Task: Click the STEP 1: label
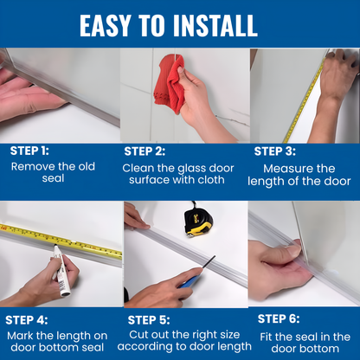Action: [x=29, y=150]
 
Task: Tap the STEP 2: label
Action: [x=151, y=151]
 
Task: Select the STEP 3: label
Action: [x=280, y=150]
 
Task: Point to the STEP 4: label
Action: [x=30, y=319]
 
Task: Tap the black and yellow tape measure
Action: [x=198, y=221]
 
